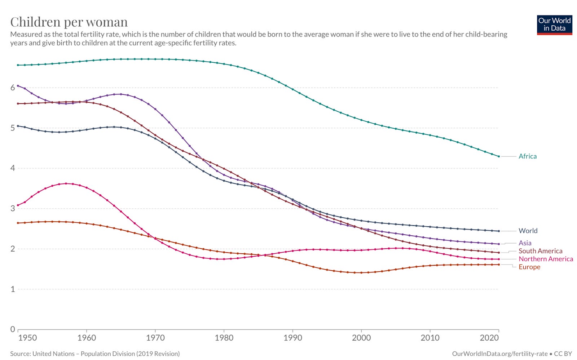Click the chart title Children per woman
tap(69, 22)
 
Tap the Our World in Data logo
tap(554, 25)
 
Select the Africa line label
tap(527, 156)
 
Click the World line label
tap(528, 231)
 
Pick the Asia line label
tap(525, 243)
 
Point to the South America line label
tap(540, 251)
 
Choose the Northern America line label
tap(545, 259)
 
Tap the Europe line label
tap(529, 267)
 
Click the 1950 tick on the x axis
tap(27, 338)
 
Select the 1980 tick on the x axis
tap(224, 338)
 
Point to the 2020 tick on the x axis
tap(489, 338)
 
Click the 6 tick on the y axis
tap(13, 88)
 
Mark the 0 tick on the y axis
tap(13, 329)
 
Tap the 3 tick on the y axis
tap(13, 208)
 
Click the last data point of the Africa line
tap(499, 156)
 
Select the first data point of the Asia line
tap(18, 86)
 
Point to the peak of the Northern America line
tap(66, 183)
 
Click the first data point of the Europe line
tap(18, 223)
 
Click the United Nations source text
tap(95, 354)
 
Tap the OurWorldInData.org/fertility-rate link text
tap(499, 354)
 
